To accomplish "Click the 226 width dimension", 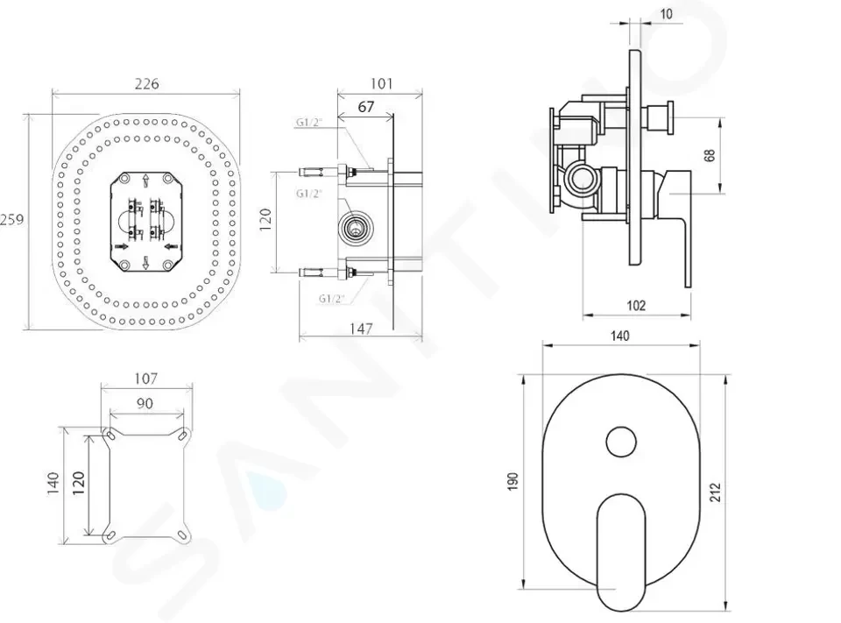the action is click(x=146, y=84).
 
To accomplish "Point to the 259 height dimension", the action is click(x=11, y=219).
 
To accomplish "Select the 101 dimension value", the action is click(x=381, y=84).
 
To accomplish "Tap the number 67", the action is click(x=366, y=107).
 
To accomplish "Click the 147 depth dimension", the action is click(x=361, y=329).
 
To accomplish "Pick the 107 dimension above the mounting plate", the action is click(x=145, y=379).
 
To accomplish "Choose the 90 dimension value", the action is click(x=145, y=403).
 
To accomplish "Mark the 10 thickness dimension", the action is click(x=666, y=13).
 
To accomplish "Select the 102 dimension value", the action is click(x=636, y=305).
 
